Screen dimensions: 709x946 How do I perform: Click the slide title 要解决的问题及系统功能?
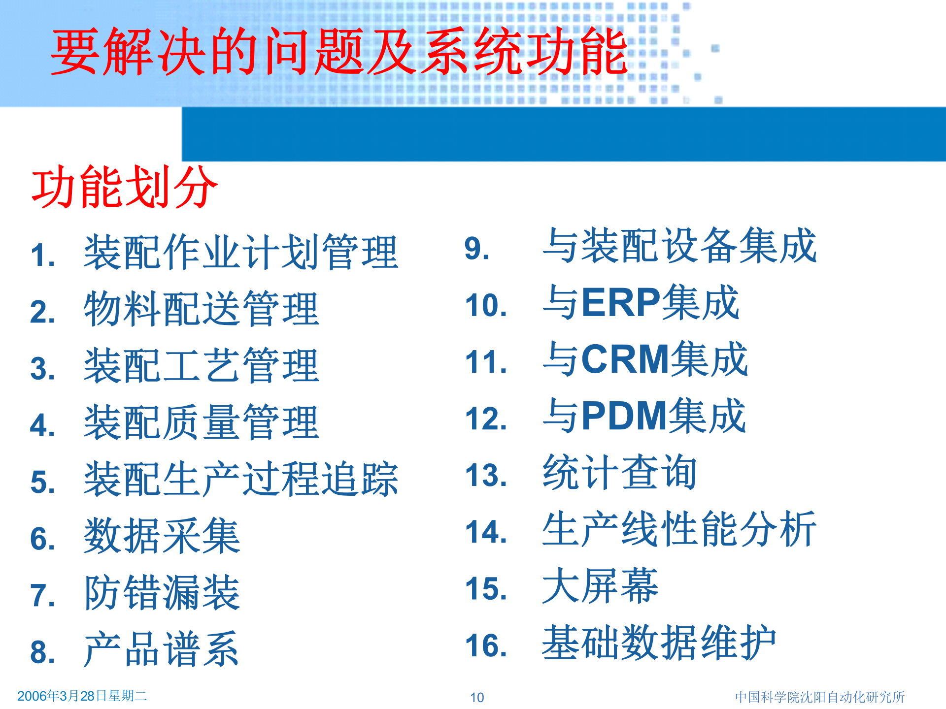[x=339, y=51]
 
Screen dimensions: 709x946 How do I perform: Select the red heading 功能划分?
[x=125, y=187]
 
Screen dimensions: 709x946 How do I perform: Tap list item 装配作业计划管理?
[x=241, y=253]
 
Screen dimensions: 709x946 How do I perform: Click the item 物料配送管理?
[x=202, y=309]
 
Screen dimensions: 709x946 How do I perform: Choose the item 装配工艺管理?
[x=202, y=366]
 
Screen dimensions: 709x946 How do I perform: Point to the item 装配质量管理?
[x=202, y=422]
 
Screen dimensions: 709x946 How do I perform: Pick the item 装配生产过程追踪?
[x=241, y=479]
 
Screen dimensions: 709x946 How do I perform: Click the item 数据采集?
[x=162, y=536]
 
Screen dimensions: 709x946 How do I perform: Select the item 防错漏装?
[x=162, y=593]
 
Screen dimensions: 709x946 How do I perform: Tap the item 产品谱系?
[x=162, y=649]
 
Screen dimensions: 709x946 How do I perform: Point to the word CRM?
[x=625, y=359]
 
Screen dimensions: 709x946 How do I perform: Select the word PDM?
[x=624, y=416]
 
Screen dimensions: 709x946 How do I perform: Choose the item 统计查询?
[x=620, y=473]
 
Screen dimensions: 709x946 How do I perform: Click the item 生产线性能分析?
[x=679, y=529]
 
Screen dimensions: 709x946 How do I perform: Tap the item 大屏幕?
[x=600, y=586]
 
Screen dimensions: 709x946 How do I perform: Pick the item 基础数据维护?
[x=659, y=643]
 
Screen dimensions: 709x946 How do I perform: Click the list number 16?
[x=486, y=645]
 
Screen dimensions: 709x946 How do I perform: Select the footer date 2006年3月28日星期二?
[x=82, y=696]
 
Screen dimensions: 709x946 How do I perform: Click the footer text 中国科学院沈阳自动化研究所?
[x=820, y=697]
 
